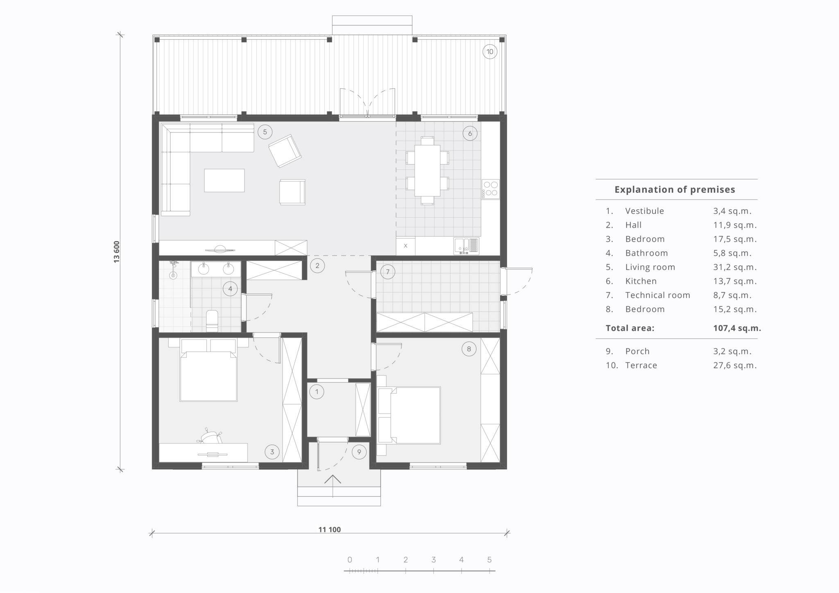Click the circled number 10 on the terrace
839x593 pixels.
click(x=490, y=52)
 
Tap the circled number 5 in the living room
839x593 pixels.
click(x=265, y=132)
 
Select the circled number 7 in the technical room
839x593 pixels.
click(x=388, y=272)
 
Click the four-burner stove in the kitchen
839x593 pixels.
click(x=490, y=190)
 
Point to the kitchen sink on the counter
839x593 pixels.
click(x=466, y=246)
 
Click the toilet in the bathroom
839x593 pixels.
click(x=212, y=321)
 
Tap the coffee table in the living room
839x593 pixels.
click(x=224, y=180)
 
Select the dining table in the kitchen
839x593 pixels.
click(x=427, y=170)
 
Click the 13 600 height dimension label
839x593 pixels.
click(x=117, y=252)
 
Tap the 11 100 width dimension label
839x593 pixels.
click(x=329, y=530)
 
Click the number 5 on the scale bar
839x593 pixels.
click(x=489, y=559)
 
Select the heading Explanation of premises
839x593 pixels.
click(x=675, y=190)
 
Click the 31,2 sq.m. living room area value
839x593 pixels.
click(x=735, y=267)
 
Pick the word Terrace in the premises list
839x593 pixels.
click(x=641, y=365)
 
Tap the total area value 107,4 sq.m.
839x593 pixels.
click(x=737, y=328)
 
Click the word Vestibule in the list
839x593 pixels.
click(x=644, y=211)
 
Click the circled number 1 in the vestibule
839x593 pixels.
click(x=316, y=392)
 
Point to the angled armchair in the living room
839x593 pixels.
click(x=285, y=151)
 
